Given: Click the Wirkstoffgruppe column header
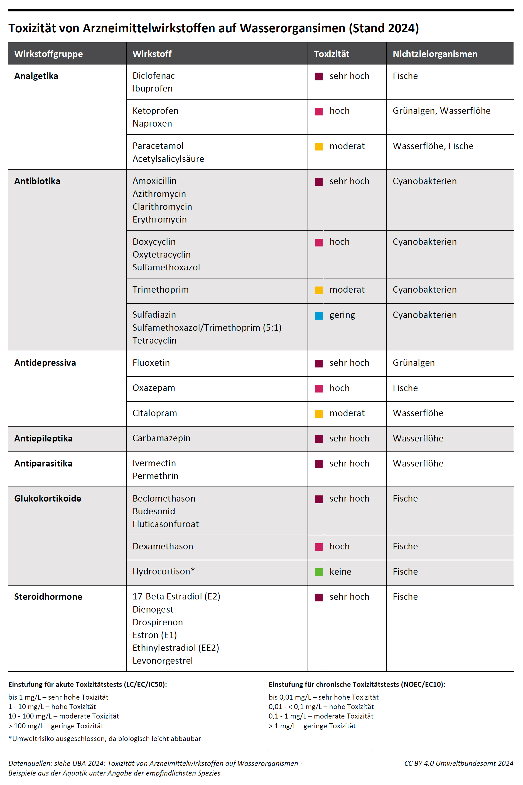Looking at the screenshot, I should click(x=48, y=54).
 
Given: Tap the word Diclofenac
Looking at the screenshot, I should click(x=153, y=76).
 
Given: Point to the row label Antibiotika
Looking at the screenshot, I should click(x=37, y=181).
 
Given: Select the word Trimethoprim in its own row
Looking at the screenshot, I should click(x=160, y=289).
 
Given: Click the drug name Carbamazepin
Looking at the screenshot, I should click(x=161, y=438).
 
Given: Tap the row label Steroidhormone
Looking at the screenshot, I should click(x=48, y=597).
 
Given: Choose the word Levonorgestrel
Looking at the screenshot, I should click(x=163, y=660).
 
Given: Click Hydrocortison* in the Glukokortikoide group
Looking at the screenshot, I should click(x=163, y=571).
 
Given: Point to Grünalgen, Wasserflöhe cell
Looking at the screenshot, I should click(x=441, y=111).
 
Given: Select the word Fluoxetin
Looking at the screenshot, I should click(x=151, y=363).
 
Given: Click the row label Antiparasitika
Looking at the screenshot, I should click(x=43, y=463).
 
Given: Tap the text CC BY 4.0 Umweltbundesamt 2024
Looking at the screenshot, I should click(x=459, y=763).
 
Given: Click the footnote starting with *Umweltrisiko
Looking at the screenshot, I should click(x=105, y=738).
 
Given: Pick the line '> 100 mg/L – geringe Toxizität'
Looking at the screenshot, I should click(x=56, y=726).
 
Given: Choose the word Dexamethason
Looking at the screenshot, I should click(x=163, y=546).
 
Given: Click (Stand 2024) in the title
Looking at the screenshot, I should click(x=384, y=28).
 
